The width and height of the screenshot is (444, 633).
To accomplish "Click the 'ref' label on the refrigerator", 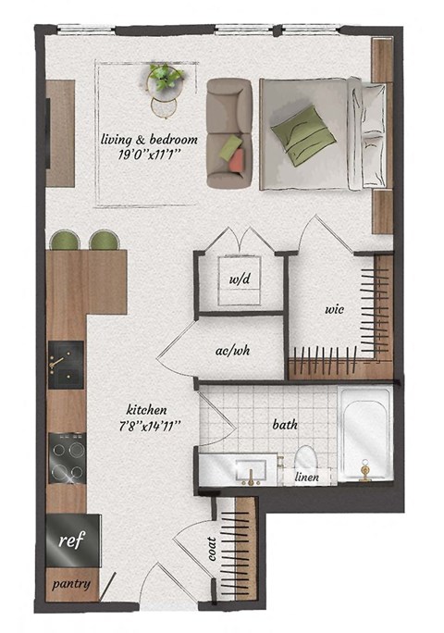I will [x=66, y=540].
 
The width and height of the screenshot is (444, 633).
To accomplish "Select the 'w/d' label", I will [x=238, y=277].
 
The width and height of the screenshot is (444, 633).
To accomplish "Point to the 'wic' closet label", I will [x=334, y=309].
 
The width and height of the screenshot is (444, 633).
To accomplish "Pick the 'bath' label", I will [x=284, y=426].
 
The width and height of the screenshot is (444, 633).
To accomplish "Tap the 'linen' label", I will [x=308, y=478].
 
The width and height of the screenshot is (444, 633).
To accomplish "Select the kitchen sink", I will [x=65, y=361].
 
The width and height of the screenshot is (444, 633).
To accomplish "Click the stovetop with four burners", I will [x=66, y=458].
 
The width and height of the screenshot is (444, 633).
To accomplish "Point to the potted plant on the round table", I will [x=165, y=77].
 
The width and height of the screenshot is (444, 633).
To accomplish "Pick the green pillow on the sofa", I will [x=228, y=145].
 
